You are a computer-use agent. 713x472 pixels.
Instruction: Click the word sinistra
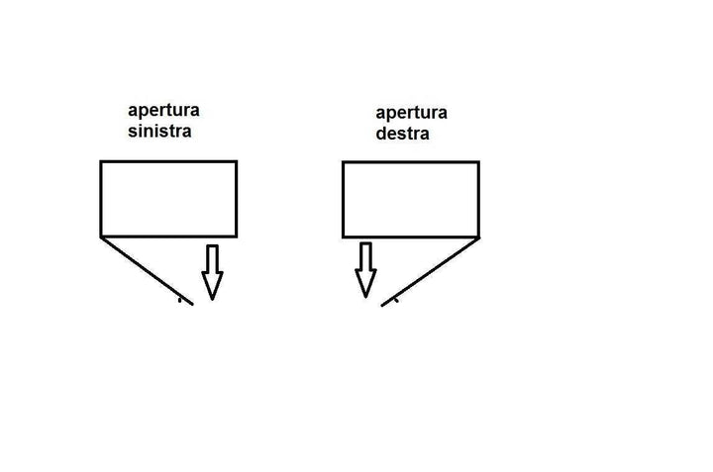click(158, 131)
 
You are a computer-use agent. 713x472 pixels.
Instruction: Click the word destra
click(402, 134)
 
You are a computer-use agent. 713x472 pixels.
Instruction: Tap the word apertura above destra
click(411, 113)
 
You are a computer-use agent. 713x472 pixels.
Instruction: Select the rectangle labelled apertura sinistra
click(168, 198)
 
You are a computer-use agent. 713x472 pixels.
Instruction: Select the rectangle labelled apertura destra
click(410, 200)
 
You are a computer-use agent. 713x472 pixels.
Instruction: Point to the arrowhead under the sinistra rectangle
click(212, 285)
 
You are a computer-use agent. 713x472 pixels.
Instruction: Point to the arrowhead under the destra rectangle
click(365, 283)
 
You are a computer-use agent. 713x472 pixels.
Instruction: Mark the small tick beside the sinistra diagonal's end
click(179, 297)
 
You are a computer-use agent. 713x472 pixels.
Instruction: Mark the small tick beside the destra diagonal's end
click(396, 302)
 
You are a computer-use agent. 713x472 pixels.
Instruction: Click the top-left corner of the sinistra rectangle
click(101, 161)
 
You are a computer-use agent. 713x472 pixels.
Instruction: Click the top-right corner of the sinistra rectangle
click(236, 161)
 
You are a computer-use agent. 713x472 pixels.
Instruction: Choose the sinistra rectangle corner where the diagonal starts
click(101, 236)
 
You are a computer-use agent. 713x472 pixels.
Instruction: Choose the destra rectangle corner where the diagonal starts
click(478, 237)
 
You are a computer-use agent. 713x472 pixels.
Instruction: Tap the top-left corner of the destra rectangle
click(343, 162)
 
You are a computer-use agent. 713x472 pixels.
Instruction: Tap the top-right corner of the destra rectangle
click(478, 162)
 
